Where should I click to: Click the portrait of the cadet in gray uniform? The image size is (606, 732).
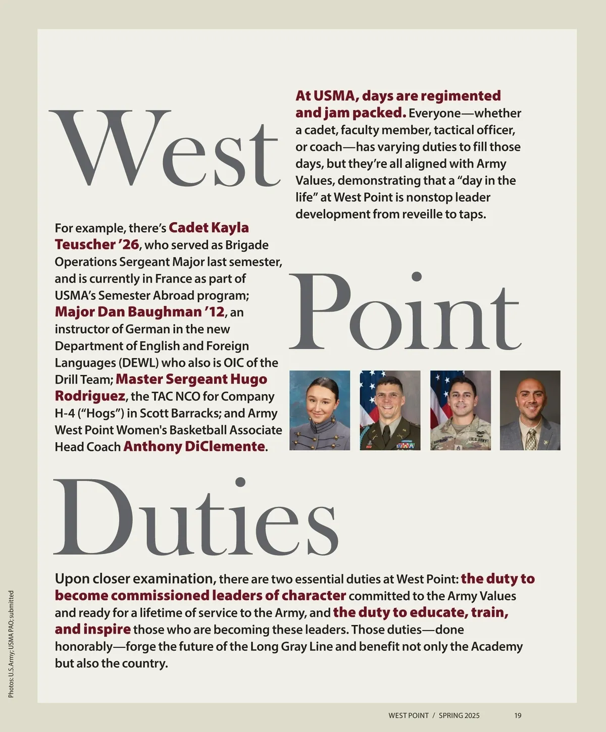(x=320, y=410)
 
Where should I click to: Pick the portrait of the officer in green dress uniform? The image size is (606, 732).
(x=390, y=410)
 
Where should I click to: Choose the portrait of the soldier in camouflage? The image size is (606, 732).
(x=460, y=410)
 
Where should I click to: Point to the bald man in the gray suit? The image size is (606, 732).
(x=530, y=410)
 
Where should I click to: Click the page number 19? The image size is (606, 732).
(x=518, y=715)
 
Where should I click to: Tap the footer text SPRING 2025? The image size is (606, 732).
(x=459, y=715)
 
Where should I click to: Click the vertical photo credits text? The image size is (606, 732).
(x=11, y=644)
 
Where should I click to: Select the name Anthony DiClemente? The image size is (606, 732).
(x=194, y=447)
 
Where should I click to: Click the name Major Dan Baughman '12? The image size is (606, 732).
(x=139, y=312)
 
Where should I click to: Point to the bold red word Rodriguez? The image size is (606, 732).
(x=90, y=396)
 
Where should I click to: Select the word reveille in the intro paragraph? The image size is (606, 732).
(x=428, y=214)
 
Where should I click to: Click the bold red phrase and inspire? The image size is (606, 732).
(x=93, y=630)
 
